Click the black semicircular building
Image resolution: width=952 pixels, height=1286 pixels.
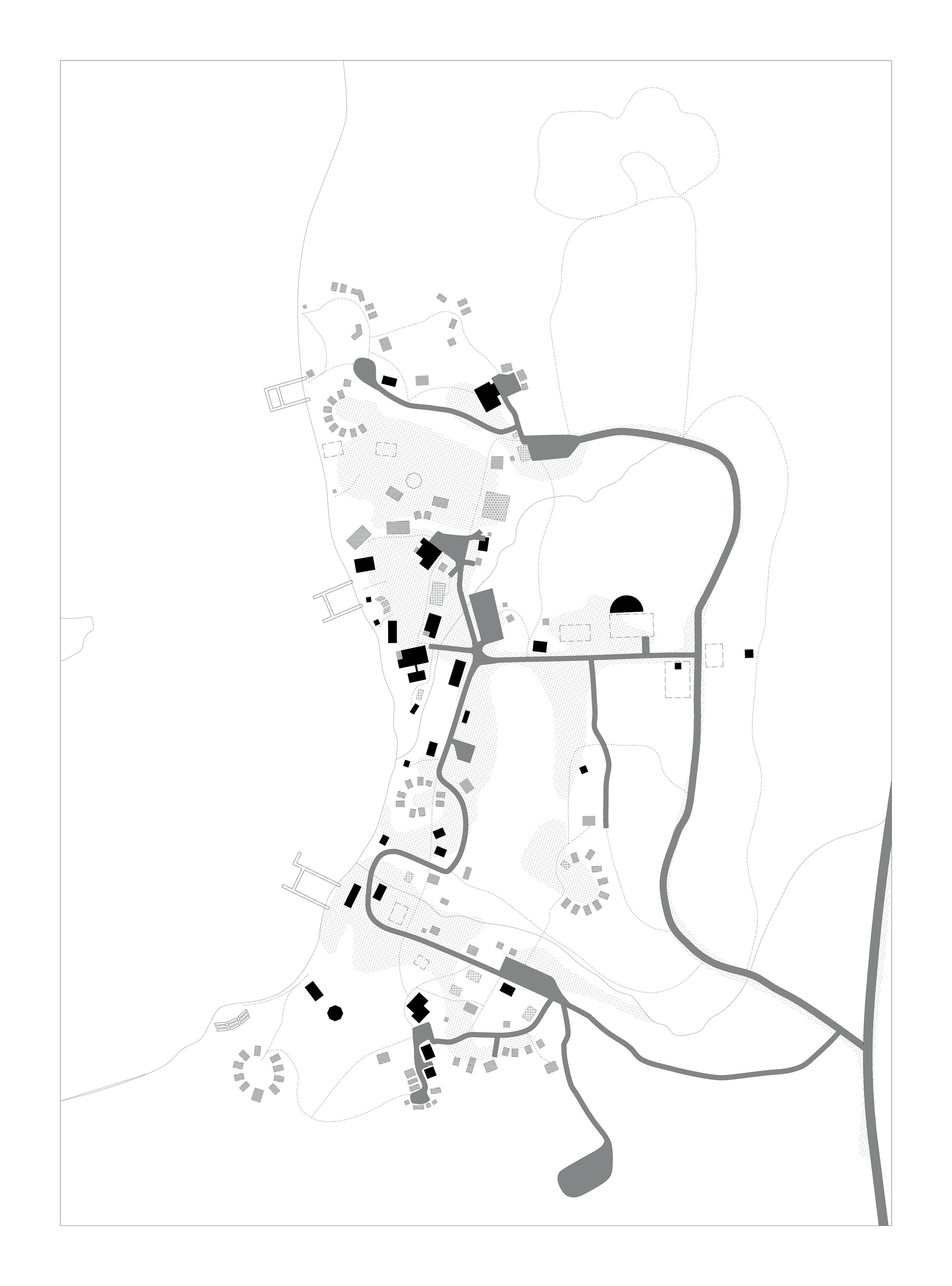(x=626, y=604)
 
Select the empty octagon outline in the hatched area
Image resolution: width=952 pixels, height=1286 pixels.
(x=414, y=480)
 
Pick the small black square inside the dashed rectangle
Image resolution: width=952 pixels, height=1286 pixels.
(x=678, y=666)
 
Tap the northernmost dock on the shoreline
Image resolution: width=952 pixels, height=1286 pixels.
(x=285, y=394)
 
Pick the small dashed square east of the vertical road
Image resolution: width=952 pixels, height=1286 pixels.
(x=714, y=655)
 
